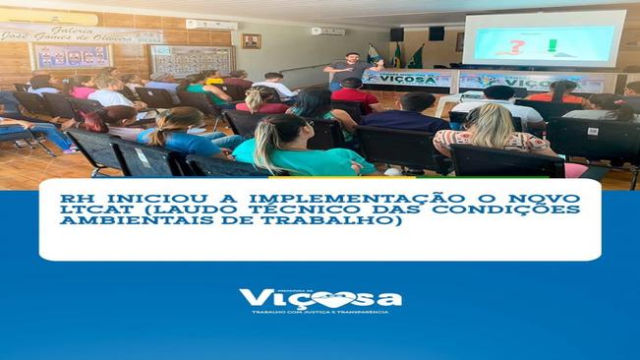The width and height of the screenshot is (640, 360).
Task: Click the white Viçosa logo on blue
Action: coord(320,298)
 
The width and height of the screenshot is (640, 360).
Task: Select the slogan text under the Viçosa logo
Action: coord(320,313)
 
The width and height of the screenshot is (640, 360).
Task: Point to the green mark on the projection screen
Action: coord(553,44)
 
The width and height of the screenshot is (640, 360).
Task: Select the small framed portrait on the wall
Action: coord(251,40)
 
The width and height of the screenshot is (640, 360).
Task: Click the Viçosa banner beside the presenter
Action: coord(407,78)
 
